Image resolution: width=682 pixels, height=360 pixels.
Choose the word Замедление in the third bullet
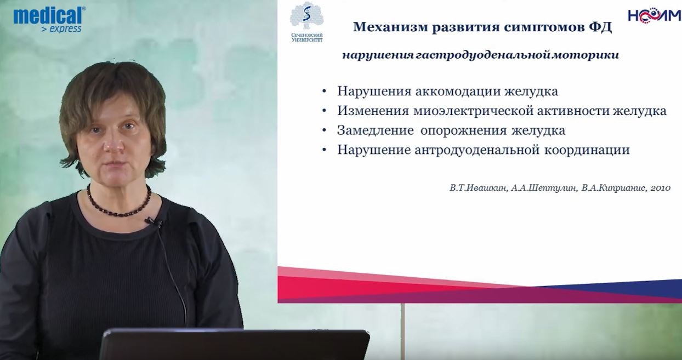pyautogui.click(x=376, y=130)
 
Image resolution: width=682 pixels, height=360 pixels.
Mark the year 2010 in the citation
pyautogui.click(x=661, y=188)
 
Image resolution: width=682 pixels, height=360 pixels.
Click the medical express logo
pyautogui.click(x=49, y=20)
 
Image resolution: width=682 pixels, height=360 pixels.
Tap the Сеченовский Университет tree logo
pyautogui.click(x=307, y=22)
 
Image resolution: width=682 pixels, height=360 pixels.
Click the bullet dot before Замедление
pyautogui.click(x=324, y=130)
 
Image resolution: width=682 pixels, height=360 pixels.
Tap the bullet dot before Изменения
pyautogui.click(x=324, y=111)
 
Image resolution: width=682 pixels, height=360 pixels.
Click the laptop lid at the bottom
pyautogui.click(x=235, y=344)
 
